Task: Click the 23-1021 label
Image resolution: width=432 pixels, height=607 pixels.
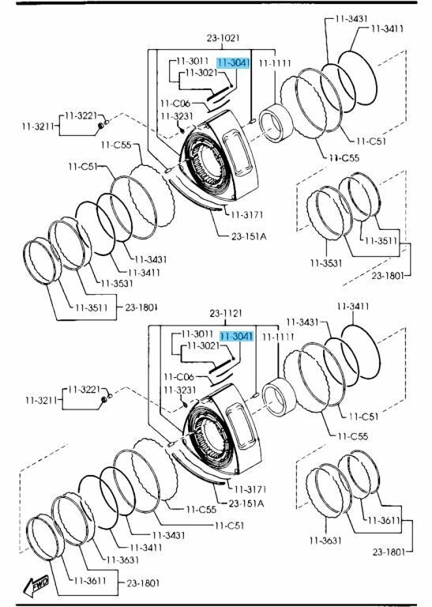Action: (223, 38)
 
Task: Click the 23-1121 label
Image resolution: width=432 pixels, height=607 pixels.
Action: (226, 313)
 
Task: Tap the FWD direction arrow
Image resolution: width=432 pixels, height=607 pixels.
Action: (36, 586)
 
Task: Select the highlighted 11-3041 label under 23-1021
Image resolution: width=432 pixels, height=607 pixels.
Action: (233, 62)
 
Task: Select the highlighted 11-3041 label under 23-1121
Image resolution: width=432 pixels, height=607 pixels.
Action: (237, 337)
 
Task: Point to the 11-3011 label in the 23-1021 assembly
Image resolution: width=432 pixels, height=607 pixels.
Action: (192, 61)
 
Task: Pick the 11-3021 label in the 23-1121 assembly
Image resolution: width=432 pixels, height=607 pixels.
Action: (203, 345)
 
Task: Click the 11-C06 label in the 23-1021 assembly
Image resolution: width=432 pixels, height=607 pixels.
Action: (175, 104)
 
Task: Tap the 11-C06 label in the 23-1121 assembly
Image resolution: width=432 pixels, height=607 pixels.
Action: (178, 377)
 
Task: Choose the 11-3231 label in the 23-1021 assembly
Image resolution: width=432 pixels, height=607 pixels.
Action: (177, 115)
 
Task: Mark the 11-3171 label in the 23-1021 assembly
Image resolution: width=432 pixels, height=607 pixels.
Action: (246, 214)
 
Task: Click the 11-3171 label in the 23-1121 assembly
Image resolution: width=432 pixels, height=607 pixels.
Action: (250, 489)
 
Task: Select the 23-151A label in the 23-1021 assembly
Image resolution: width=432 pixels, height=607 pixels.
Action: (249, 236)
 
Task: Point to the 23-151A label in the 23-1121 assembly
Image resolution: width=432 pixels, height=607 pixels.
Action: (246, 503)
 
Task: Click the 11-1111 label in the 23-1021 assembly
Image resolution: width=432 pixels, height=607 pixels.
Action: (275, 63)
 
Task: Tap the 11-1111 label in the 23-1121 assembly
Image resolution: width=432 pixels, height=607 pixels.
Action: (278, 337)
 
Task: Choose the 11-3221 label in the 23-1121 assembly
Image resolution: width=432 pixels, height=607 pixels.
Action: (84, 389)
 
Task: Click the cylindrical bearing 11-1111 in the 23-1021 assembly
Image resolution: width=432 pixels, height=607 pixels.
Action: (276, 123)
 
